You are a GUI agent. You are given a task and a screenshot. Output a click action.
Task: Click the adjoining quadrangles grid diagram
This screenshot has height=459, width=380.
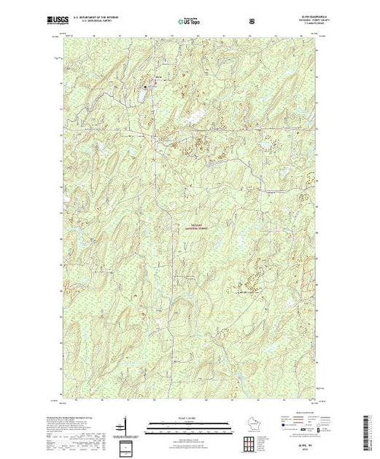coord(252,442)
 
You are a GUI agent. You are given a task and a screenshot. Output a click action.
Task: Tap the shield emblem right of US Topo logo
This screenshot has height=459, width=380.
coord(252,20)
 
